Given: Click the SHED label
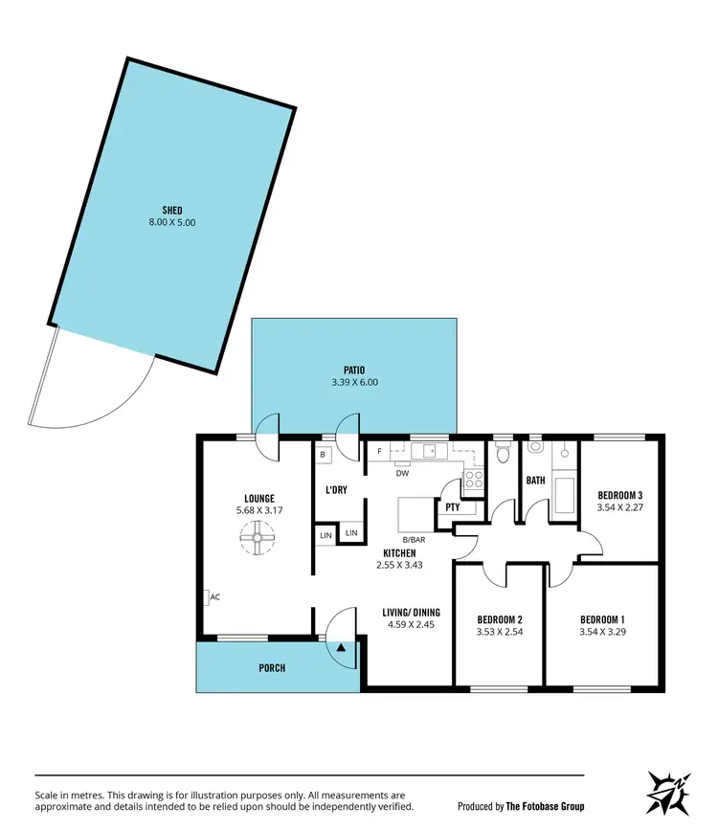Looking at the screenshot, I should point(172,210).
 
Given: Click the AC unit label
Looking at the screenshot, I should point(215,597).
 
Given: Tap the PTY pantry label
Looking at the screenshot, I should point(451,507).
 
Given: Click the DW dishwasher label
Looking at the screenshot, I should point(402,472).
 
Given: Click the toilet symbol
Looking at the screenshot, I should point(503,454).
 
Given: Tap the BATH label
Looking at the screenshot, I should point(535,481).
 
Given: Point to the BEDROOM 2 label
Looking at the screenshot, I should point(498,618).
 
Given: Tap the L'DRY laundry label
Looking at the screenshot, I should point(336,489).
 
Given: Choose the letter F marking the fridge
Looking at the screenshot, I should point(379,451).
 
